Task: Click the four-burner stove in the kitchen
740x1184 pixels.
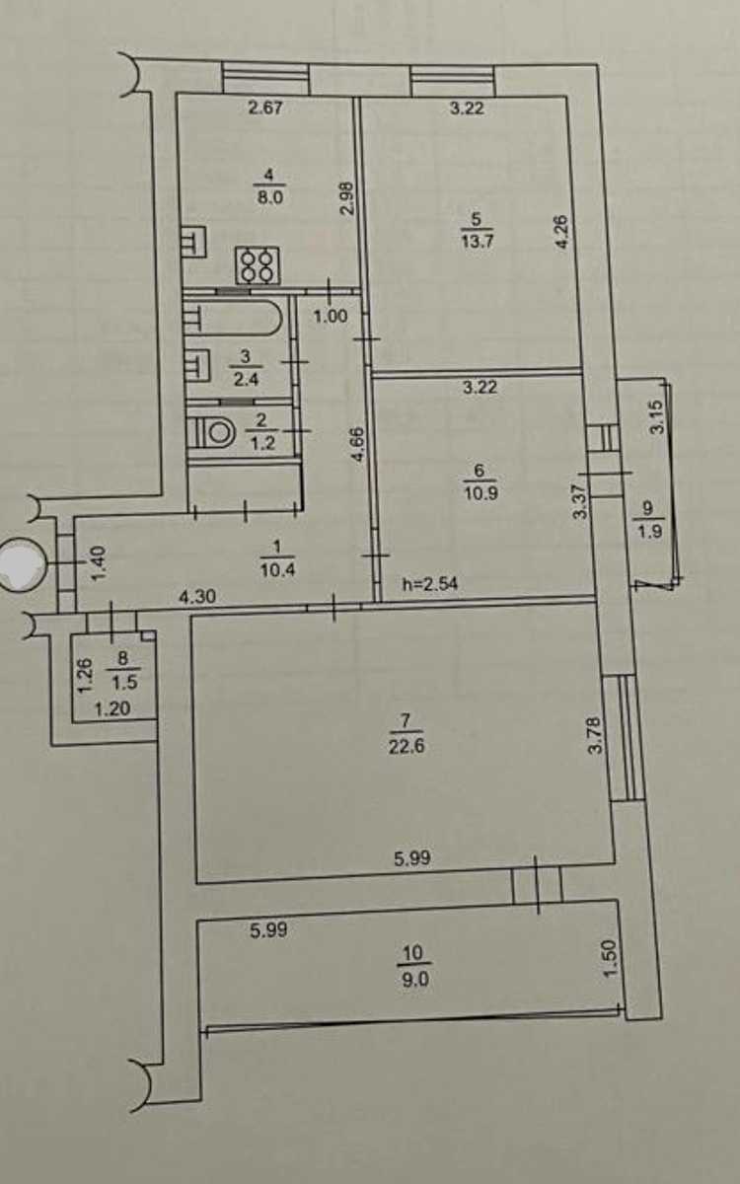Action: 258,265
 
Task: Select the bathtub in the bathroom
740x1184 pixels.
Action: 233,318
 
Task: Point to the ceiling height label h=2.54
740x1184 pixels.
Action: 430,584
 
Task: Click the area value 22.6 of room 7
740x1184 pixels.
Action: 406,746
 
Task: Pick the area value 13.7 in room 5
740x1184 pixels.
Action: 478,242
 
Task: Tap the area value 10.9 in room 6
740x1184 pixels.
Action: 481,493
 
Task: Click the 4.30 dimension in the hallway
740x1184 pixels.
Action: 197,597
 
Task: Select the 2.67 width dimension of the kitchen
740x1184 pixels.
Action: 265,108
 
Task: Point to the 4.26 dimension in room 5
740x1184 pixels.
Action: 561,232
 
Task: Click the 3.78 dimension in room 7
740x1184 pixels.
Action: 595,735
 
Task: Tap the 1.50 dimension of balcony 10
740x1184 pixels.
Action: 610,958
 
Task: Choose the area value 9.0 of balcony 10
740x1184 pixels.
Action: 415,980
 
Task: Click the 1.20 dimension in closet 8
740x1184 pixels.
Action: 112,708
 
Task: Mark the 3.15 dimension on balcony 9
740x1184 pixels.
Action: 655,417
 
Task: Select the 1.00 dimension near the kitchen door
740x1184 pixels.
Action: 331,317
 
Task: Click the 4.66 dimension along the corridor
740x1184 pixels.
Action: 358,445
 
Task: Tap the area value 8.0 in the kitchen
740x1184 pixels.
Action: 269,197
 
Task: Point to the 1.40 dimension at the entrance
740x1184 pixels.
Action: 99,563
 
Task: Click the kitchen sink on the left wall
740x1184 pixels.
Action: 193,242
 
